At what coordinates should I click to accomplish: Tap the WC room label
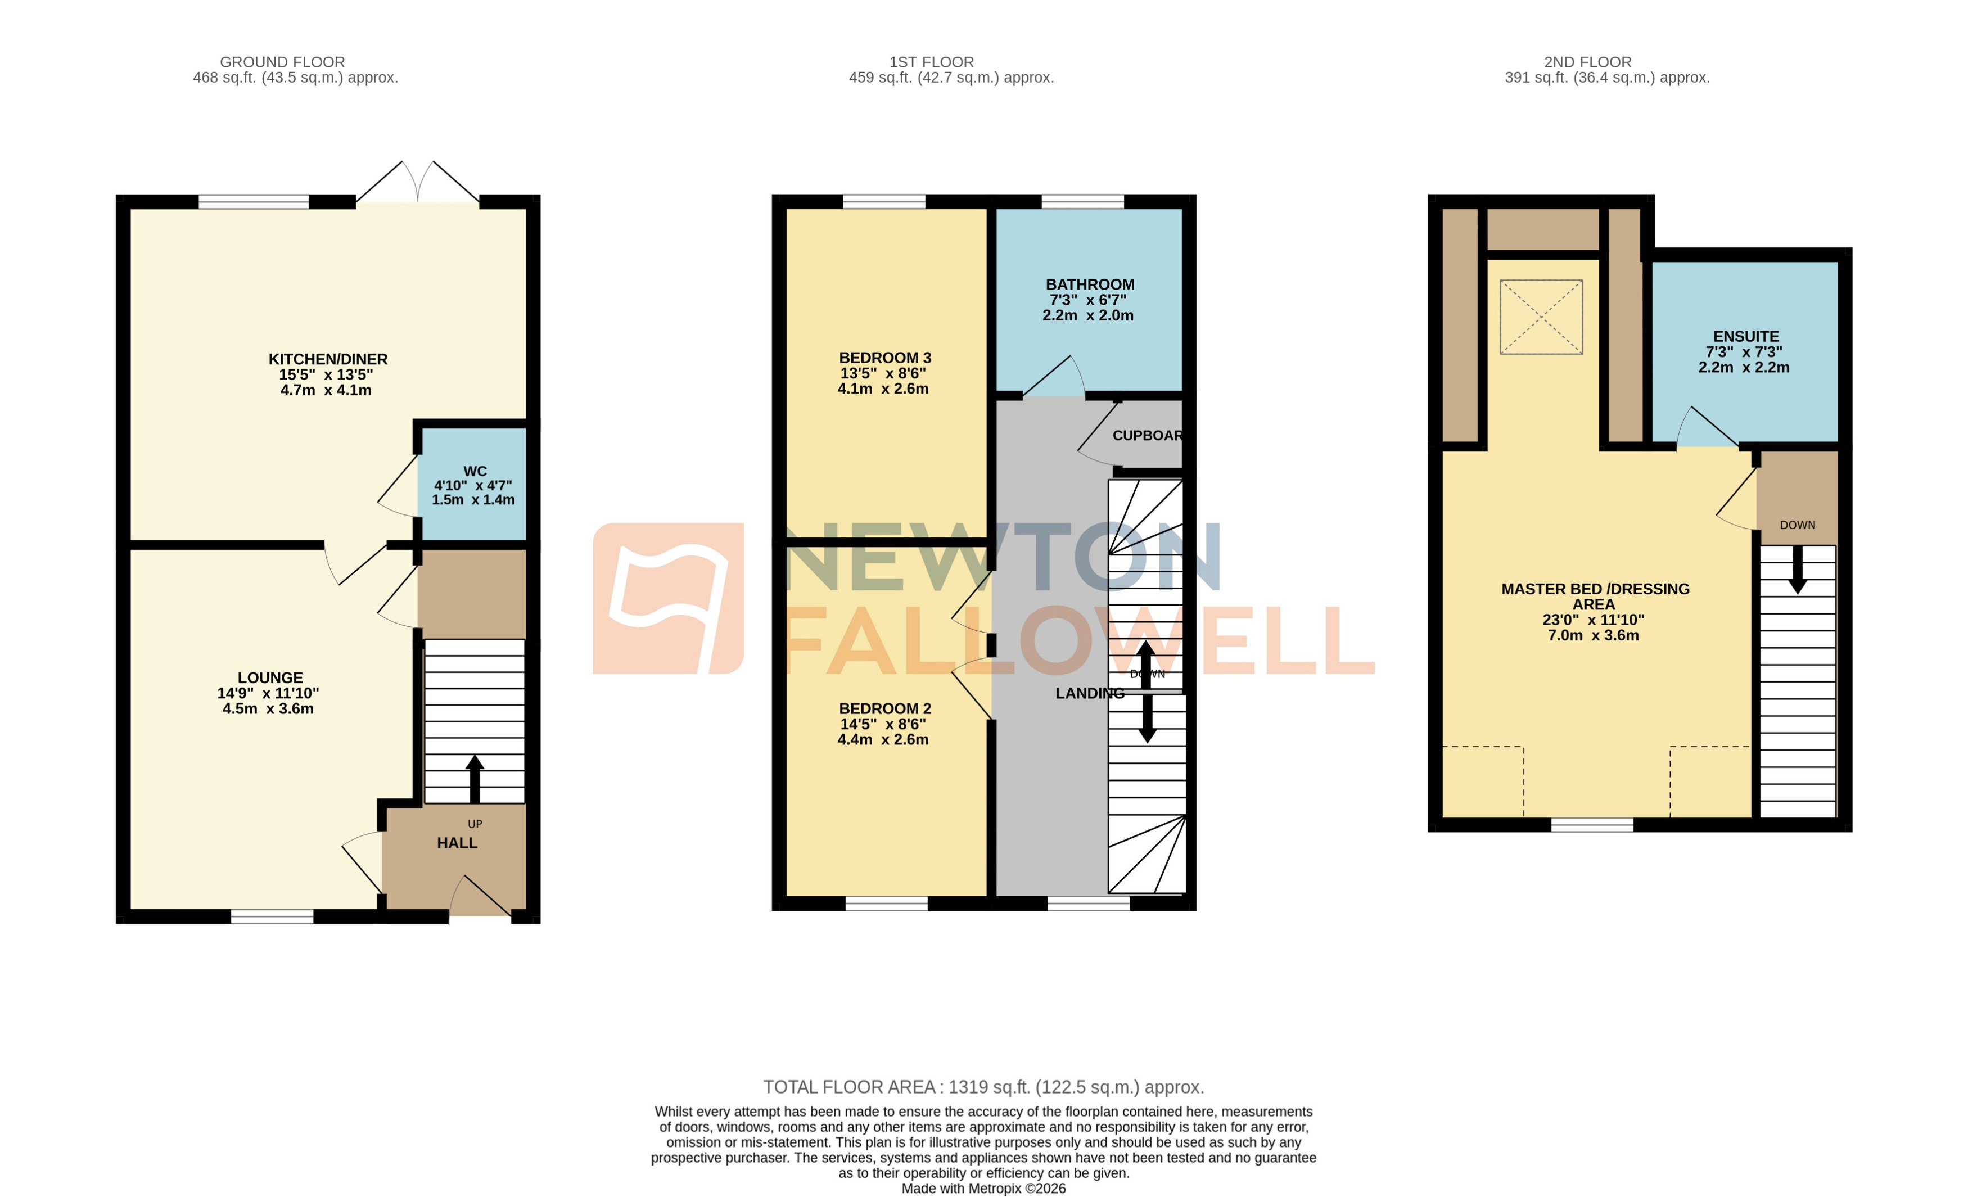(x=475, y=471)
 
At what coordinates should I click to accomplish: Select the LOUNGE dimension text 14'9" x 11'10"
(x=268, y=693)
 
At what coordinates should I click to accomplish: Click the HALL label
(x=457, y=843)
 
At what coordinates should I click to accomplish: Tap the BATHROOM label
(x=1090, y=284)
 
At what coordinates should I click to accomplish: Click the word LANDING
(x=1090, y=693)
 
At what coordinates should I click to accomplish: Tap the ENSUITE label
(x=1745, y=336)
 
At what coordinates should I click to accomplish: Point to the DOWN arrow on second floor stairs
(x=1797, y=568)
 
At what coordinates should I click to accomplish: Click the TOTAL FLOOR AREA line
(x=983, y=1087)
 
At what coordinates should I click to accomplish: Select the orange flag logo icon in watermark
(x=668, y=598)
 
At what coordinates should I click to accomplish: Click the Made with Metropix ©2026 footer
(x=983, y=1188)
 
